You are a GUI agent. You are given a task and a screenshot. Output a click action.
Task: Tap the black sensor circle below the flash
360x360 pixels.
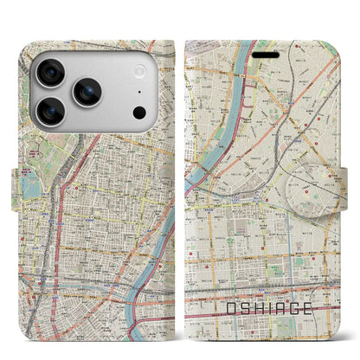click(x=138, y=112)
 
